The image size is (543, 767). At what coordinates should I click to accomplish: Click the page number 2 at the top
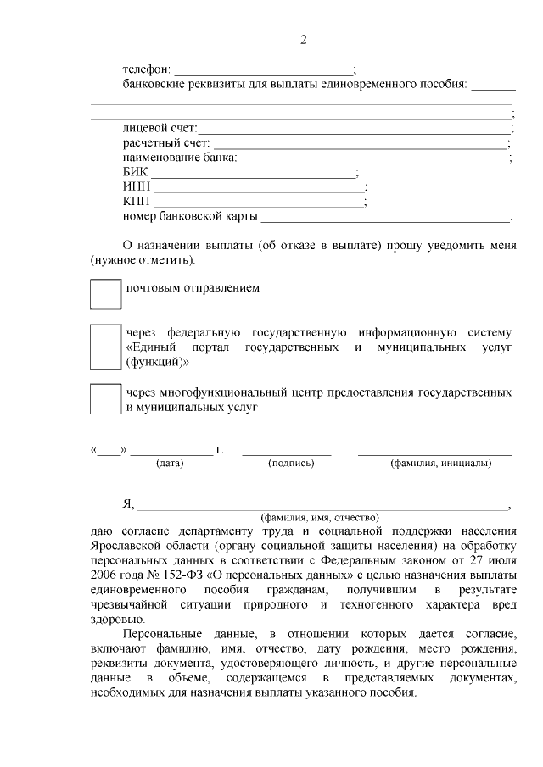pyautogui.click(x=303, y=40)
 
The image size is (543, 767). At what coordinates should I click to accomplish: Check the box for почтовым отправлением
pyautogui.click(x=106, y=294)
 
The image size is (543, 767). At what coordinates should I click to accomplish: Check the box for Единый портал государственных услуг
pyautogui.click(x=106, y=347)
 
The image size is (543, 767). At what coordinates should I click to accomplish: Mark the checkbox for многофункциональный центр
pyautogui.click(x=106, y=399)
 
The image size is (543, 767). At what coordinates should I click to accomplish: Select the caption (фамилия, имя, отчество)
pyautogui.click(x=320, y=516)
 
